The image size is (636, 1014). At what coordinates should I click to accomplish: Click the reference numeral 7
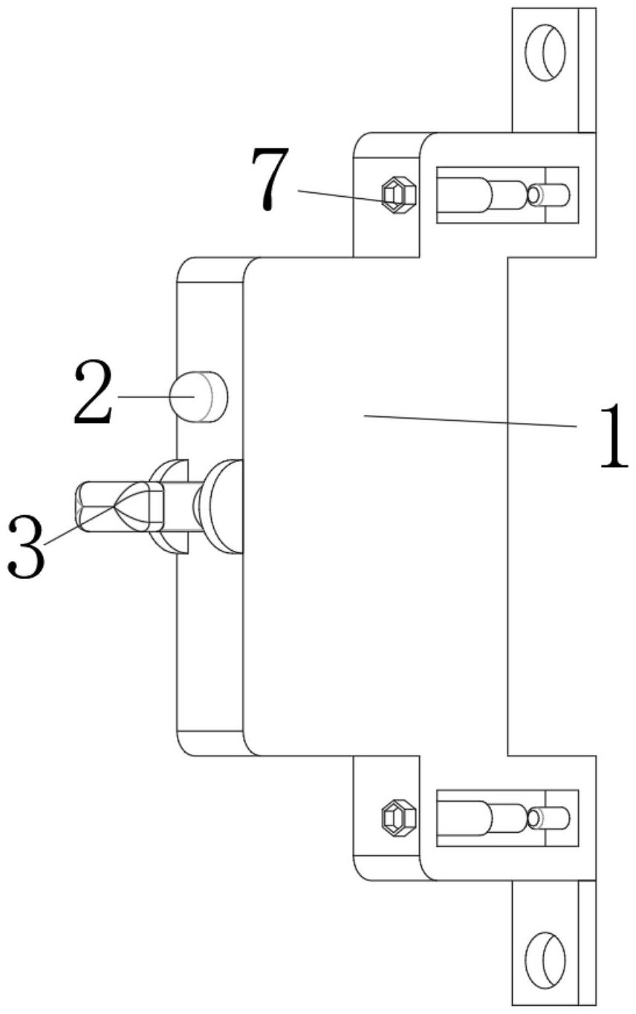coord(270,178)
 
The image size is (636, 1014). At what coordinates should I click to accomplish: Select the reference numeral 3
coord(25,549)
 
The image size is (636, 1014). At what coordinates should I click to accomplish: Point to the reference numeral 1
coord(613,436)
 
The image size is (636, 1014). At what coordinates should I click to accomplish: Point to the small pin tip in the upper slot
coord(554,195)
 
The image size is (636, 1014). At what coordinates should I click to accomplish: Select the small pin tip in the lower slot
coord(554,817)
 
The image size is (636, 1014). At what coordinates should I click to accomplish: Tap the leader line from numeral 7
coord(338,194)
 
